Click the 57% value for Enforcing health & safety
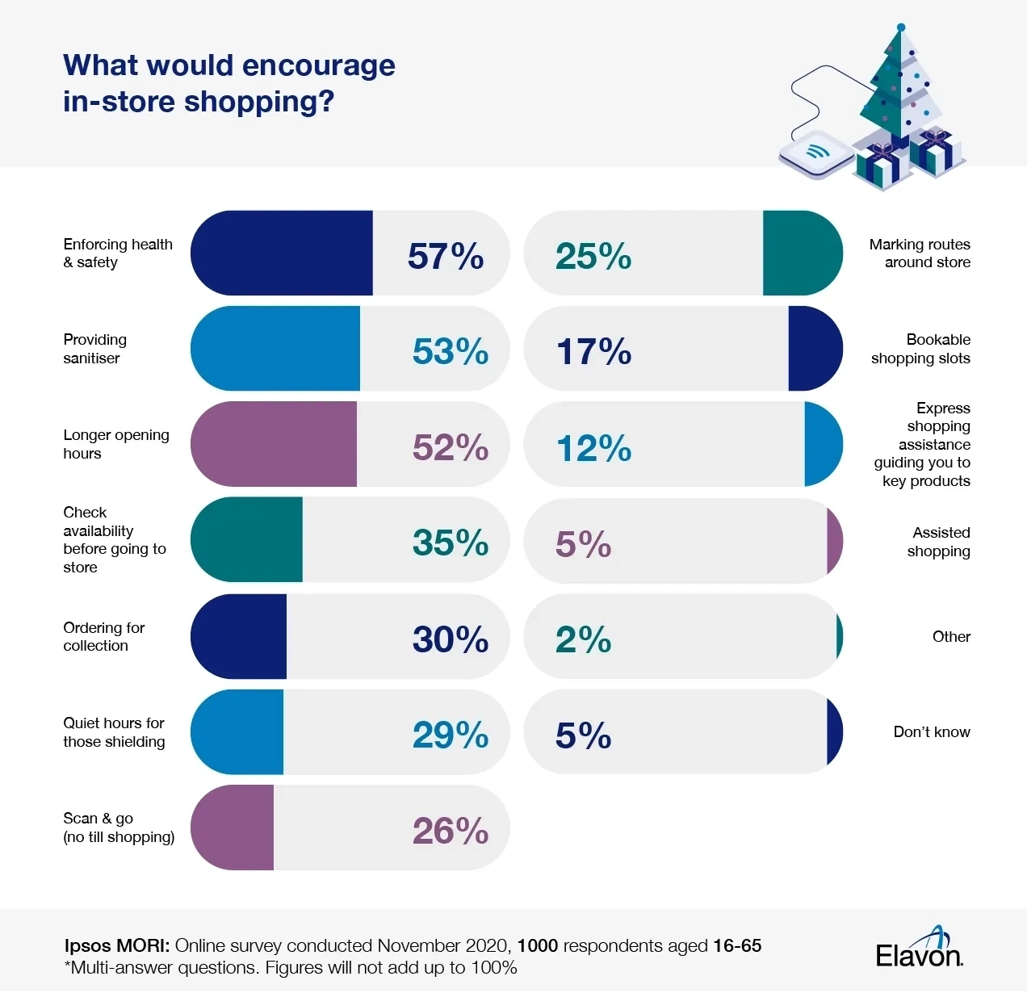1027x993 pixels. coord(445,256)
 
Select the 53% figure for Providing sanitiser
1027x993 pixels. coord(450,351)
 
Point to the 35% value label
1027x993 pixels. coord(450,543)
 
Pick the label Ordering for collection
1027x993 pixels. coord(103,636)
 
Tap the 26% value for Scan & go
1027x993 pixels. coord(450,831)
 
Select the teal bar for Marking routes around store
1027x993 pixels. coord(801,253)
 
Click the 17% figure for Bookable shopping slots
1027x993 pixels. coord(593,351)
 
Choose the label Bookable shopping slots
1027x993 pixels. coord(920,349)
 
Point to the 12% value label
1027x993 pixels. coord(593,448)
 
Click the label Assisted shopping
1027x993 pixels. coord(941,542)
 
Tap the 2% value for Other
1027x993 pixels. coord(583,639)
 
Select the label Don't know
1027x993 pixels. coord(931,732)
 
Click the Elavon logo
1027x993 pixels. coord(920,949)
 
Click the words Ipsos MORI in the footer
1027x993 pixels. coord(116,945)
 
